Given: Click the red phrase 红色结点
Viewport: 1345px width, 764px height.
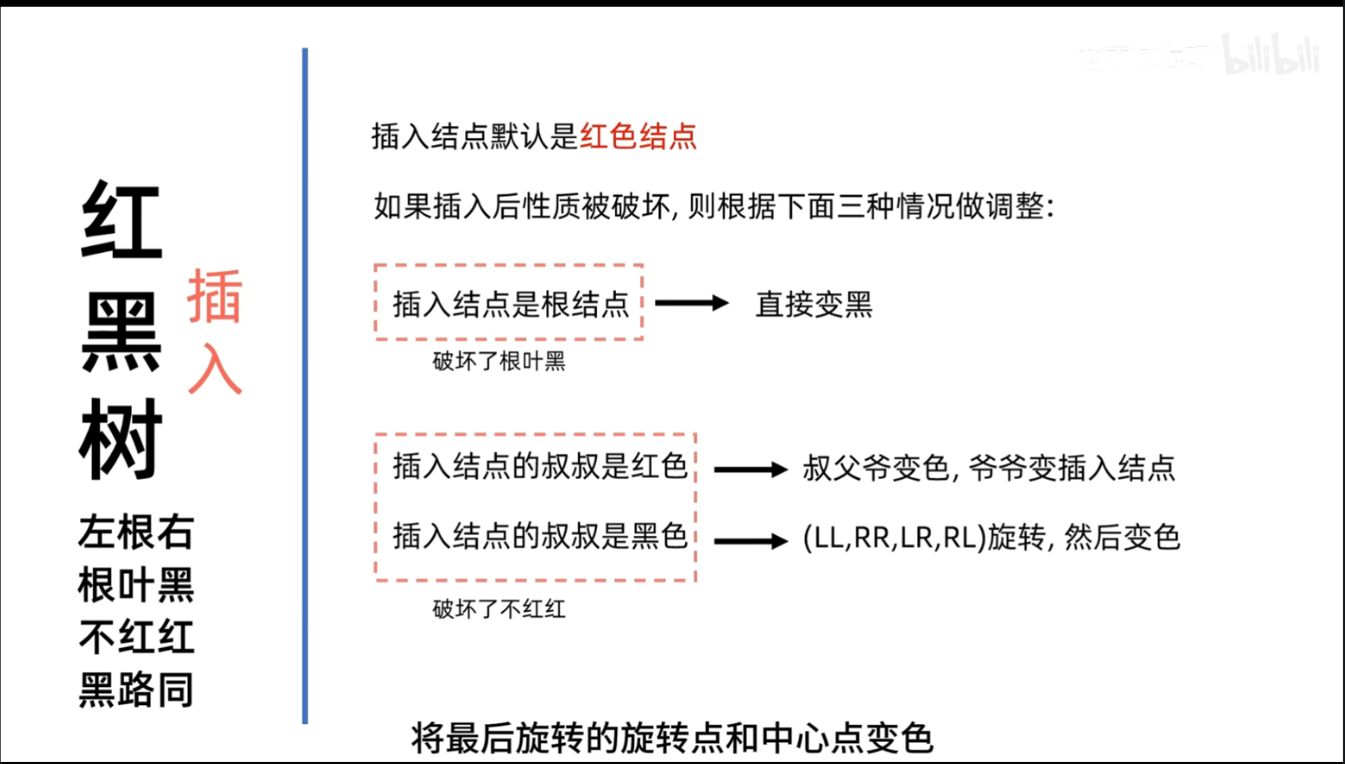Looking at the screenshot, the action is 638,136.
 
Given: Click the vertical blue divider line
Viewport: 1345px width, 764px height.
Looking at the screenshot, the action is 305,385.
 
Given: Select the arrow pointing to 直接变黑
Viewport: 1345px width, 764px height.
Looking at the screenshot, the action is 691,303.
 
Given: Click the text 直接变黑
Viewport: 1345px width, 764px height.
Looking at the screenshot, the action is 814,304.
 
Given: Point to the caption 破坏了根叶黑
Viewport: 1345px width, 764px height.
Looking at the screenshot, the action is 499,362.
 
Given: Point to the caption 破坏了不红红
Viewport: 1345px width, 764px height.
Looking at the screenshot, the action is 499,609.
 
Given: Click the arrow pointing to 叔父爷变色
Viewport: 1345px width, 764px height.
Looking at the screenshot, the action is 750,469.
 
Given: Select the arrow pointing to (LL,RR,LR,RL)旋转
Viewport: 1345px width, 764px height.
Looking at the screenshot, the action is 750,541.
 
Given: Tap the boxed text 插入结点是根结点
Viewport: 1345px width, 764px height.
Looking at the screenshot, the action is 510,304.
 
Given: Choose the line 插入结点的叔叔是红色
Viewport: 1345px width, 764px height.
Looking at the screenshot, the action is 539,466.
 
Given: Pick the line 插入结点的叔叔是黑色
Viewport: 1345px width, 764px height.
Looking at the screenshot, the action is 539,537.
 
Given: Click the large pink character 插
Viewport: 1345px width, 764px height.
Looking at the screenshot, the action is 215,296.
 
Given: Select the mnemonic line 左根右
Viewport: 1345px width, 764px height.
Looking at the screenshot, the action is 136,532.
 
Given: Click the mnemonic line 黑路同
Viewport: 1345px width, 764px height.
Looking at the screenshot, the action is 136,690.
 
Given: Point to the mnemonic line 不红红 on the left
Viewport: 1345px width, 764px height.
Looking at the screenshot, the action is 136,637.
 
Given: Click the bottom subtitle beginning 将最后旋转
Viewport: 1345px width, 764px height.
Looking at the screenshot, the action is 672,738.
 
